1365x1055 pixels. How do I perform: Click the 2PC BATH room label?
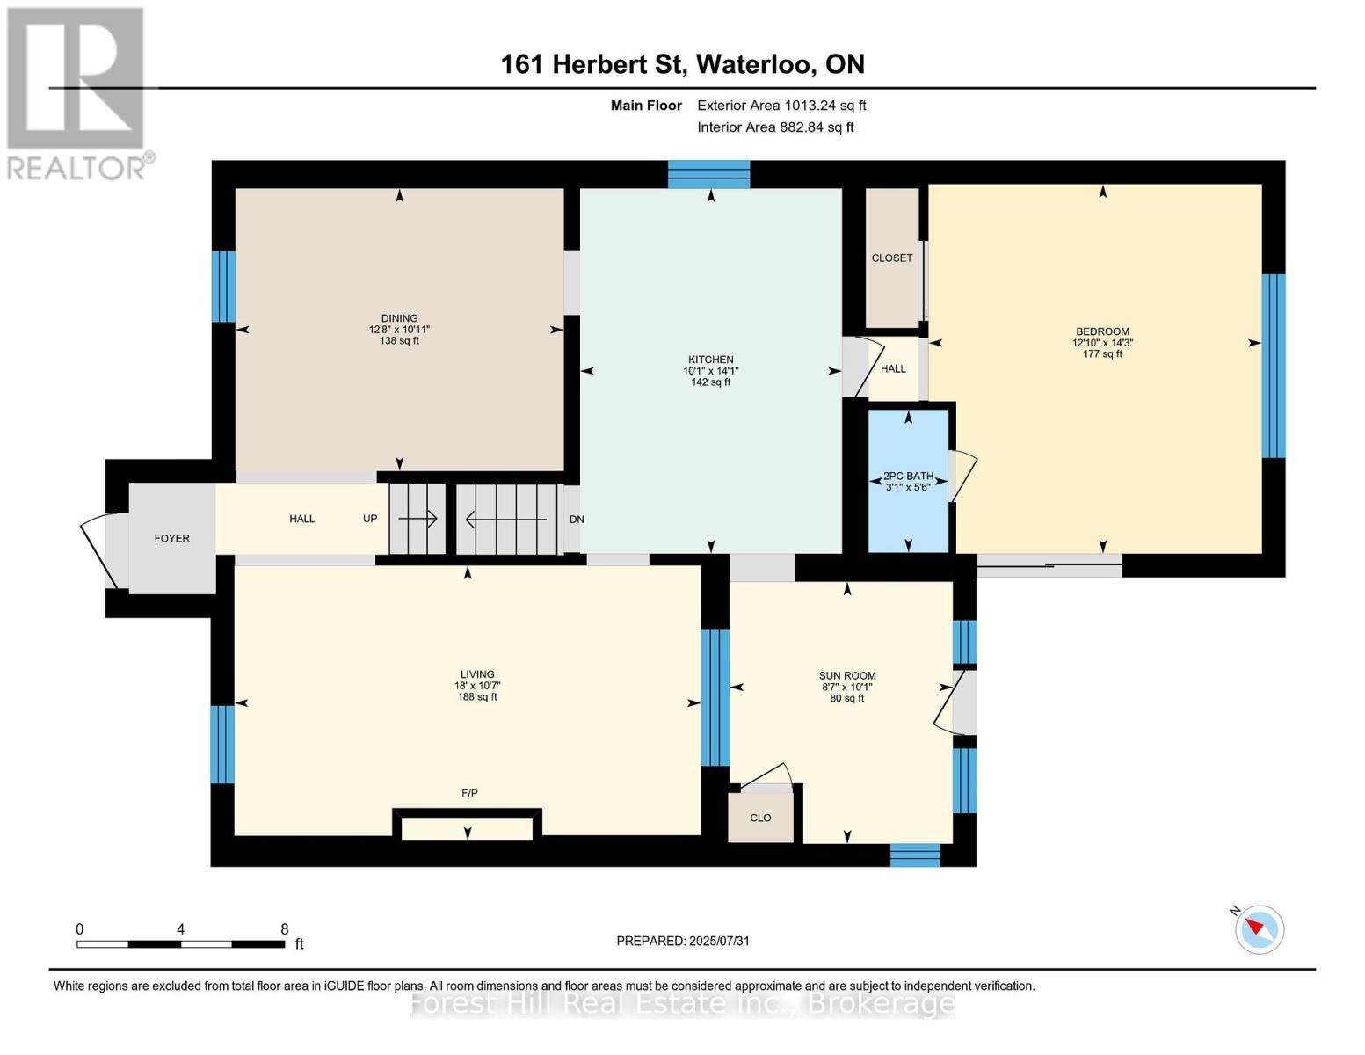(x=908, y=476)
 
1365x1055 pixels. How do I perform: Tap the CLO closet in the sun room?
(x=760, y=818)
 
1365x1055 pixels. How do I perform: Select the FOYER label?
(x=171, y=538)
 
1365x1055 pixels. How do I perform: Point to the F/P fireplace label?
(x=469, y=793)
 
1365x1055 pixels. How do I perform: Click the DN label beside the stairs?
(x=577, y=520)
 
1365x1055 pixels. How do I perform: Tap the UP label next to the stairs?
(x=370, y=519)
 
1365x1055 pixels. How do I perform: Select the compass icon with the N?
(x=1259, y=928)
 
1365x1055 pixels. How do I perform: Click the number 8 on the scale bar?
(x=284, y=928)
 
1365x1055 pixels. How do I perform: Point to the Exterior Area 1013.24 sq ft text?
(x=781, y=105)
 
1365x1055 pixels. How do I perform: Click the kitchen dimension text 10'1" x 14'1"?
(x=710, y=371)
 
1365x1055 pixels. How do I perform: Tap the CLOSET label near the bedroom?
(x=891, y=258)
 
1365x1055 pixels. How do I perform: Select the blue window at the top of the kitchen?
(x=708, y=174)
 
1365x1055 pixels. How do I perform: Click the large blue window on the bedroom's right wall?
(x=1273, y=366)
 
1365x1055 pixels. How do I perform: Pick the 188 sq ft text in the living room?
(x=477, y=697)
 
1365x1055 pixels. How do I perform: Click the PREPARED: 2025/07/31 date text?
(x=683, y=941)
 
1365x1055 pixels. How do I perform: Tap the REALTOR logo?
(x=77, y=92)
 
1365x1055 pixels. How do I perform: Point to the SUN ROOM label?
(x=846, y=676)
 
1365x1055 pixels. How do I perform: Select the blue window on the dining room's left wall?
(x=223, y=287)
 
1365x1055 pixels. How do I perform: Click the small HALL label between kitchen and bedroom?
(x=893, y=369)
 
